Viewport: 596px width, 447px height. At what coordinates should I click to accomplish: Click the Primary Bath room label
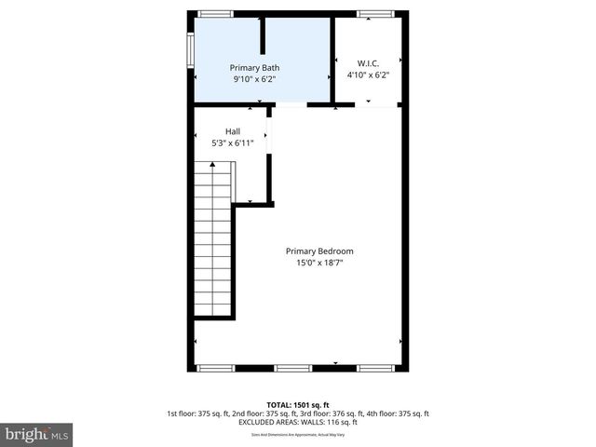point(254,68)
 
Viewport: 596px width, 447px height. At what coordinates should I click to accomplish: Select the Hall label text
point(233,131)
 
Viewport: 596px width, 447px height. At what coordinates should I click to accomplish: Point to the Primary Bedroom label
point(319,251)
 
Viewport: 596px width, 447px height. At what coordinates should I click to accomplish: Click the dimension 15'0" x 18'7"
point(319,263)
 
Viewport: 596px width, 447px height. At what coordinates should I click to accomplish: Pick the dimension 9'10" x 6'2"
point(254,80)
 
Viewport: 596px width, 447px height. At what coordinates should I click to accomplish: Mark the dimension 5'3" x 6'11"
point(233,143)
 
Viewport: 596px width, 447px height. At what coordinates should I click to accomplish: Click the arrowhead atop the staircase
point(213,164)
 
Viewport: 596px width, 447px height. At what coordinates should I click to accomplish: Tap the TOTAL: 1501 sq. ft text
point(298,404)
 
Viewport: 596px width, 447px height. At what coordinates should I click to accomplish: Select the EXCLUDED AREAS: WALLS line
point(298,423)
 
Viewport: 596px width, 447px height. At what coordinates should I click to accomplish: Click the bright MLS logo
point(37,434)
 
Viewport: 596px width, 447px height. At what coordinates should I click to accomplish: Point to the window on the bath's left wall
point(190,49)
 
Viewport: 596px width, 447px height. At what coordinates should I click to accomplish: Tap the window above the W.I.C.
point(376,13)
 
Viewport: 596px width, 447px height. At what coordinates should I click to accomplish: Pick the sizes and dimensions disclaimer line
point(298,435)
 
